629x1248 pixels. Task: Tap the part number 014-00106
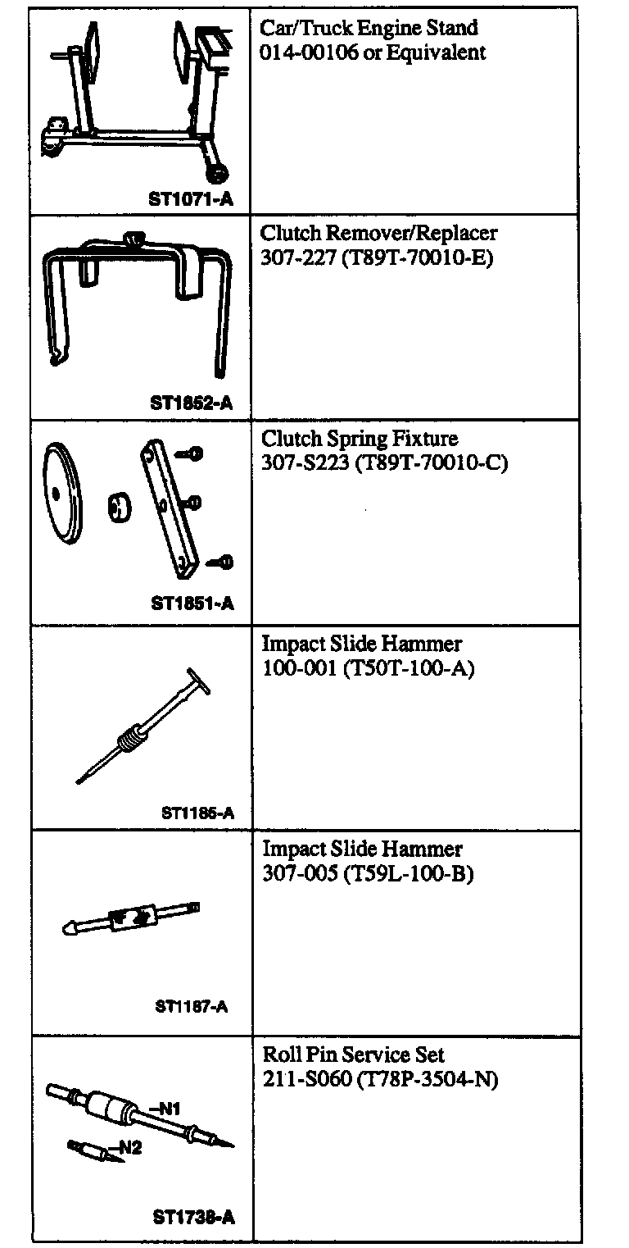297,53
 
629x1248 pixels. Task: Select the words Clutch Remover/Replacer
378,233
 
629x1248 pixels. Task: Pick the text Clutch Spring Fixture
360,438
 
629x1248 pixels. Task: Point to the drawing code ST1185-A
197,813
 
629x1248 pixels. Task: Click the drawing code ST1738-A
193,1217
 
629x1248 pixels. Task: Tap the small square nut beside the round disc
119,508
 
